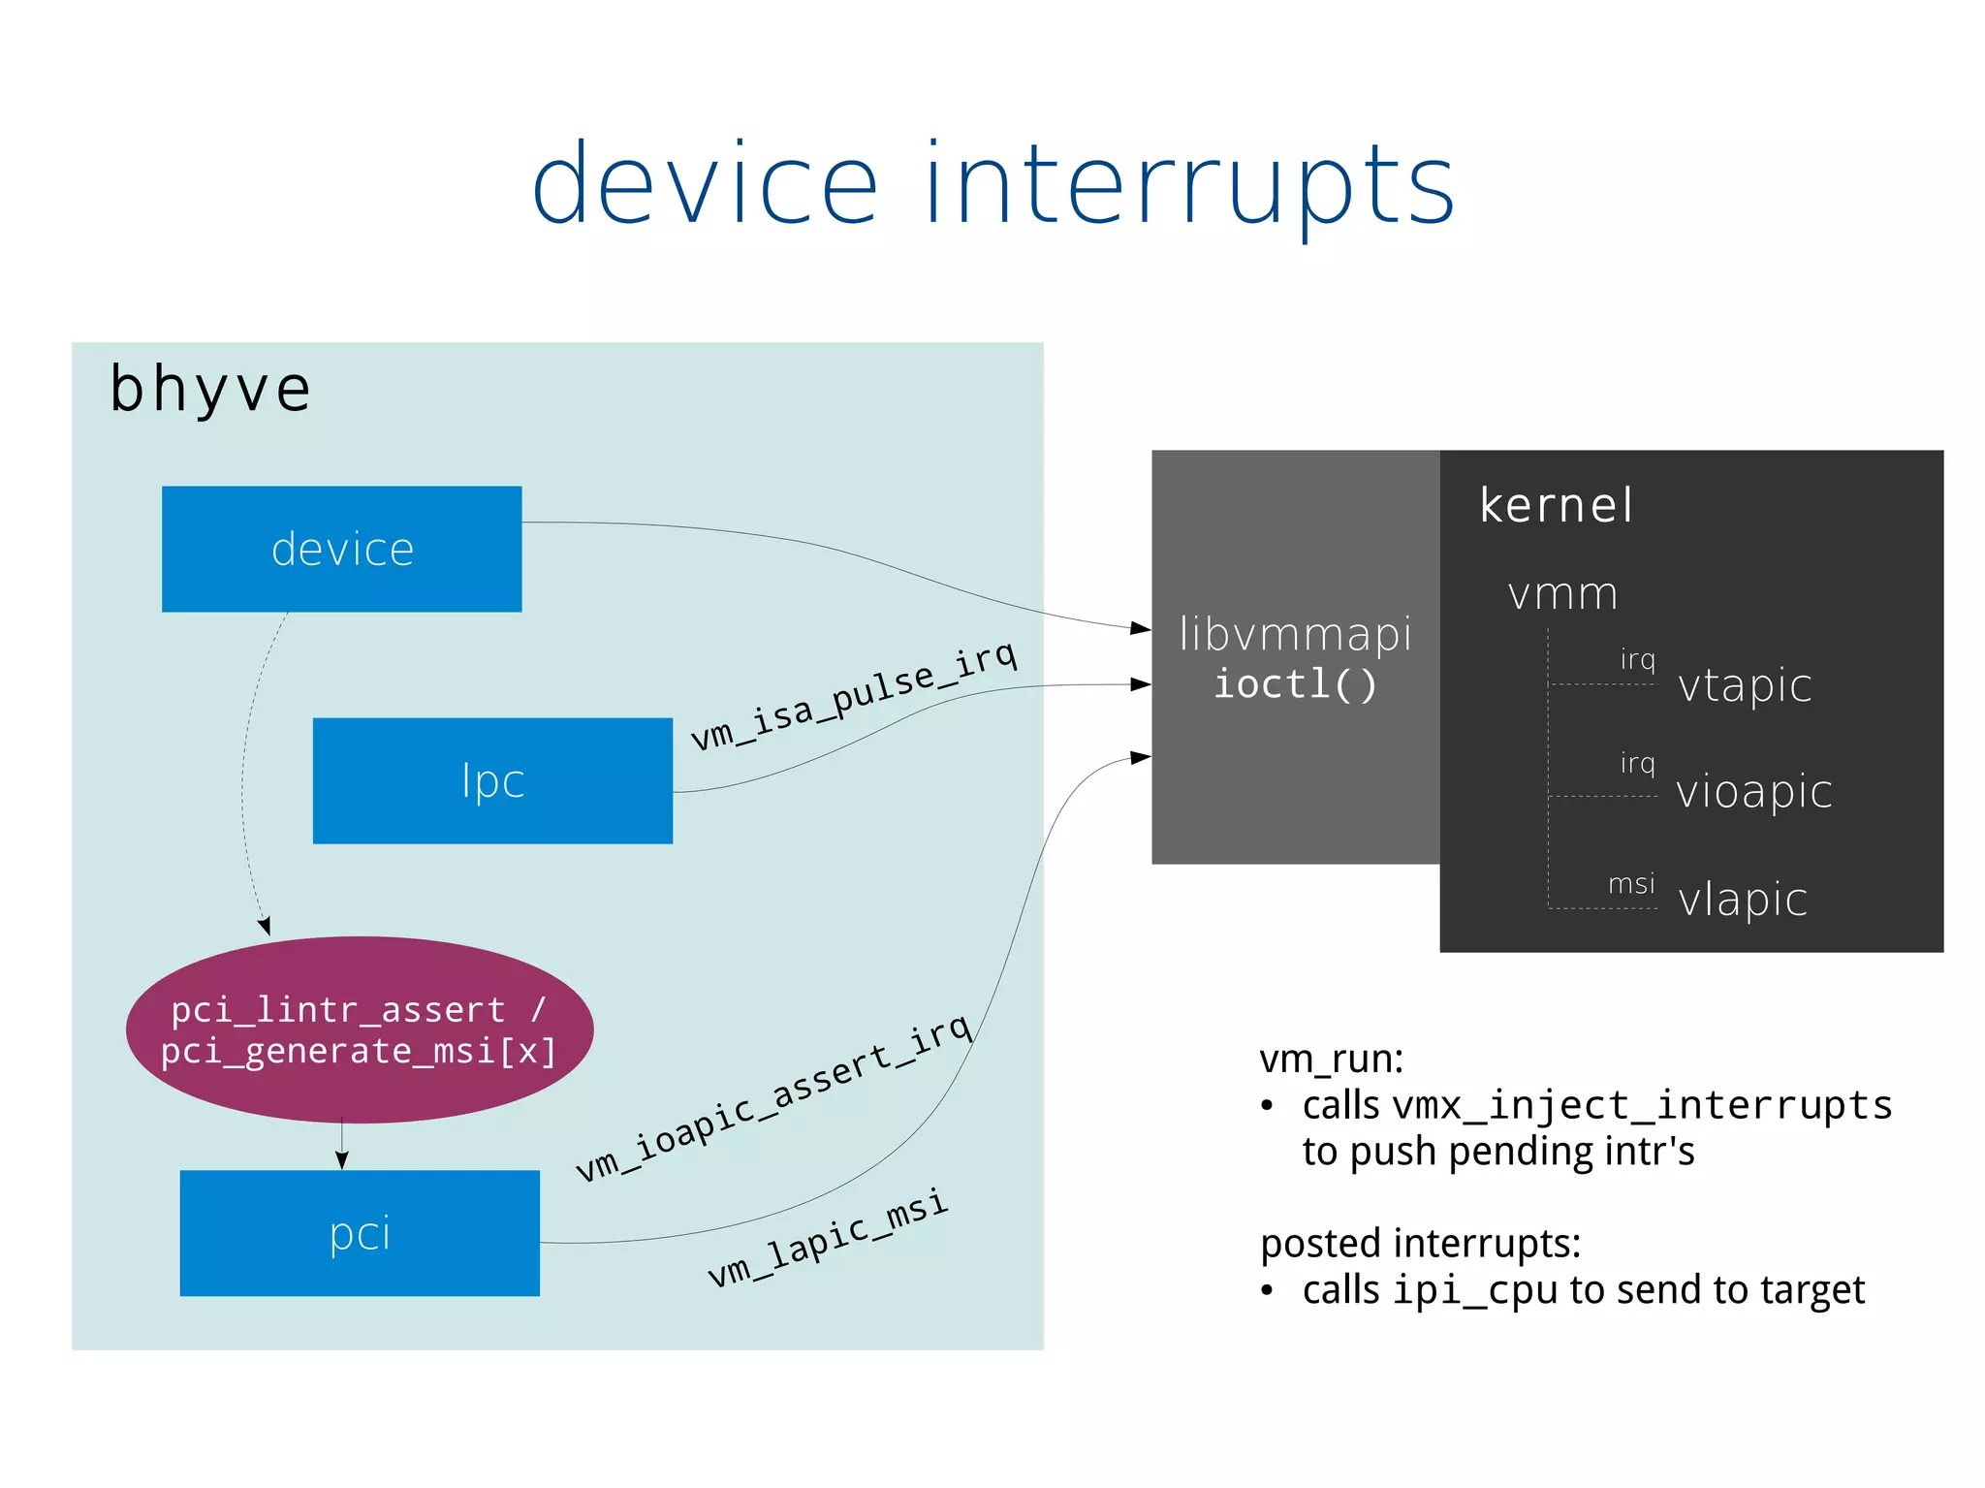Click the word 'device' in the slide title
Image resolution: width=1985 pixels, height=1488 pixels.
point(705,184)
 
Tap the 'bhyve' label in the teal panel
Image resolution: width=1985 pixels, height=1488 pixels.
point(210,390)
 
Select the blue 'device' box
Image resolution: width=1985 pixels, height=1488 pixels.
point(341,549)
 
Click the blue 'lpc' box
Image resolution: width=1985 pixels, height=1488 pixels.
point(492,780)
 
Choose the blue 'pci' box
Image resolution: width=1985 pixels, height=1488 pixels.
point(360,1233)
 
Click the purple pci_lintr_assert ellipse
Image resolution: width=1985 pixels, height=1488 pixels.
point(359,1029)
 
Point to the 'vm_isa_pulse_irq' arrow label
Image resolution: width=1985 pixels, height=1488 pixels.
point(854,695)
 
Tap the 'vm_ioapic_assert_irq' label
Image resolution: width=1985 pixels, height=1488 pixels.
point(773,1096)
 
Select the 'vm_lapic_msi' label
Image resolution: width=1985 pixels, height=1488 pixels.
point(828,1238)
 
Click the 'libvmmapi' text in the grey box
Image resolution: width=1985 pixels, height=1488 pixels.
point(1295,635)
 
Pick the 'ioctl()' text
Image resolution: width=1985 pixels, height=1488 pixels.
point(1295,684)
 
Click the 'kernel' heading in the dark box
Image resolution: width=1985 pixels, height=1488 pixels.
point(1556,505)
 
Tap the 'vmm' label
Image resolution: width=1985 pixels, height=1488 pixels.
point(1562,593)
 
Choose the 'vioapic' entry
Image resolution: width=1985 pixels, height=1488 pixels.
point(1754,791)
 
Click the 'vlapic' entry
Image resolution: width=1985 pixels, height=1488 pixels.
point(1743,899)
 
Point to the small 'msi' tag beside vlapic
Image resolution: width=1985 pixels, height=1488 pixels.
point(1631,884)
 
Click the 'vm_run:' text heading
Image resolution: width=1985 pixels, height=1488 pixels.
point(1331,1059)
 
